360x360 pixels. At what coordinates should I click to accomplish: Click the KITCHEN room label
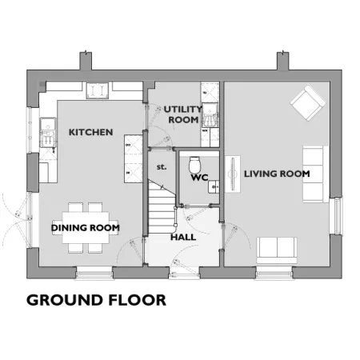pos(90,132)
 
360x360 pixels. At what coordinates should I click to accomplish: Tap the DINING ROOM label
pos(85,228)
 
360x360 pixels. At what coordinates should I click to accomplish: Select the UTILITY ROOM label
pos(183,114)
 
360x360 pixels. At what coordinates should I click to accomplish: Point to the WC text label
pos(199,178)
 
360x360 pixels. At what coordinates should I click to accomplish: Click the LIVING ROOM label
pos(277,174)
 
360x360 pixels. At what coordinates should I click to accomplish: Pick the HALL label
pos(183,237)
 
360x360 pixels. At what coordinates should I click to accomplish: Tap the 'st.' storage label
pos(162,167)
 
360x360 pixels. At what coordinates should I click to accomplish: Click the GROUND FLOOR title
pos(96,300)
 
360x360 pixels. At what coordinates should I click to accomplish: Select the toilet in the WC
pos(194,165)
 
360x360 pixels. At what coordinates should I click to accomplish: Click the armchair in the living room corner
pos(308,103)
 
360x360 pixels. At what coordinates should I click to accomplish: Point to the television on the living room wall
pos(233,174)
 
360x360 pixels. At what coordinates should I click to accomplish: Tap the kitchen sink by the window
pos(48,133)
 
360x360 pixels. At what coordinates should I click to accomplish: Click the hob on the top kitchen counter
pos(98,90)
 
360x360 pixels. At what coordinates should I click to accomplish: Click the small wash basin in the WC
pos(214,186)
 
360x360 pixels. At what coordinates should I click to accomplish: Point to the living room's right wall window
pos(337,215)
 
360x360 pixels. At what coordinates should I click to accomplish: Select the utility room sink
pos(210,114)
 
